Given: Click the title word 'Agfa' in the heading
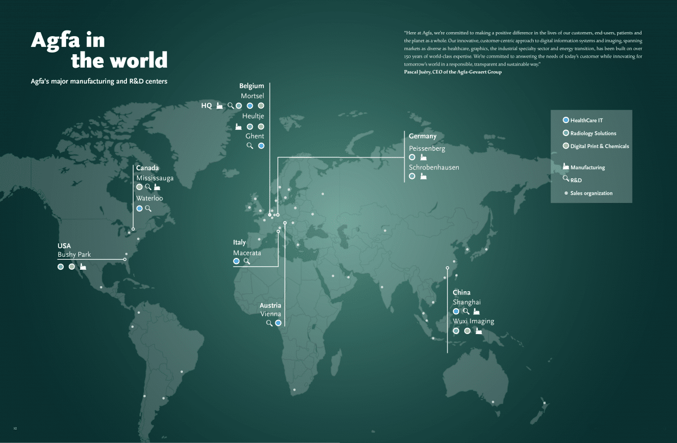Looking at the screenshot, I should point(59,40).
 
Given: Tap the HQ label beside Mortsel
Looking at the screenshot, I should point(206,106).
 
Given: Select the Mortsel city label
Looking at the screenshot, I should point(252,96).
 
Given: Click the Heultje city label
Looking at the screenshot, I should point(253,116).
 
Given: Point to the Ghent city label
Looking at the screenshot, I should point(254,136).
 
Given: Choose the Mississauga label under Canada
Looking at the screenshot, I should point(155,178).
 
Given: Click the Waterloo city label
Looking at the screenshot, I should point(150,198).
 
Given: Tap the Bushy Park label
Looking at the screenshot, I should point(74,255).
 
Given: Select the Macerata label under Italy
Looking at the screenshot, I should point(247,253).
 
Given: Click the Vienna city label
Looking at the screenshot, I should point(270,314).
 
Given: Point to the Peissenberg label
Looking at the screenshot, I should point(427,148).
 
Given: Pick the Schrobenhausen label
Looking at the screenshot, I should point(434,167).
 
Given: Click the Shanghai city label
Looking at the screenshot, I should point(467,302).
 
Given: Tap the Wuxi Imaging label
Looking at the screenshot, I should point(473,321).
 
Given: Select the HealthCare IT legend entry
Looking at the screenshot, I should point(586,120).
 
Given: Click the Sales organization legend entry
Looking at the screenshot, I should point(591,193).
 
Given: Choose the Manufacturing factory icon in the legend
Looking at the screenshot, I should point(565,166).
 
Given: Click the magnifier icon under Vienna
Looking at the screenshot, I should point(270,323).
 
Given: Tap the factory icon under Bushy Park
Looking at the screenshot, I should point(83,266).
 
